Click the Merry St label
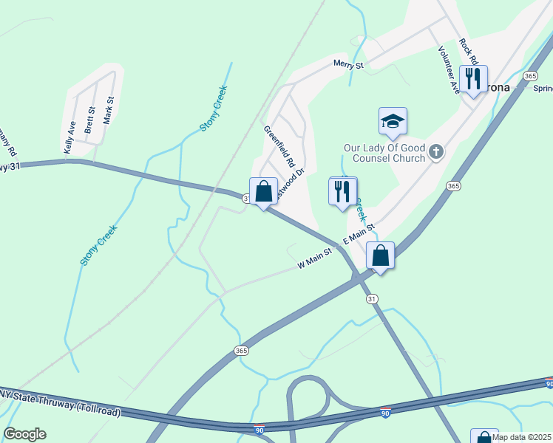pyautogui.click(x=348, y=65)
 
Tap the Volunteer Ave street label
pyautogui.click(x=448, y=70)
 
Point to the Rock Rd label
pyautogui.click(x=468, y=52)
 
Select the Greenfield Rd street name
pyautogui.click(x=280, y=145)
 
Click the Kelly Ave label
pyautogui.click(x=69, y=137)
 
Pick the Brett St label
pyautogui.click(x=90, y=120)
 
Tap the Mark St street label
pyautogui.click(x=109, y=109)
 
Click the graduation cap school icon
pyautogui.click(x=393, y=122)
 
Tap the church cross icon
pyautogui.click(x=436, y=153)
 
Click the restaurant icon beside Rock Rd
pyautogui.click(x=472, y=78)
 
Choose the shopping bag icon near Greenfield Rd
pyautogui.click(x=263, y=191)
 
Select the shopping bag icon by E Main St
pyautogui.click(x=380, y=255)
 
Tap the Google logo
pyautogui.click(x=24, y=434)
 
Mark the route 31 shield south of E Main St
pyautogui.click(x=372, y=298)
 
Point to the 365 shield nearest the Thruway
pyautogui.click(x=241, y=350)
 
